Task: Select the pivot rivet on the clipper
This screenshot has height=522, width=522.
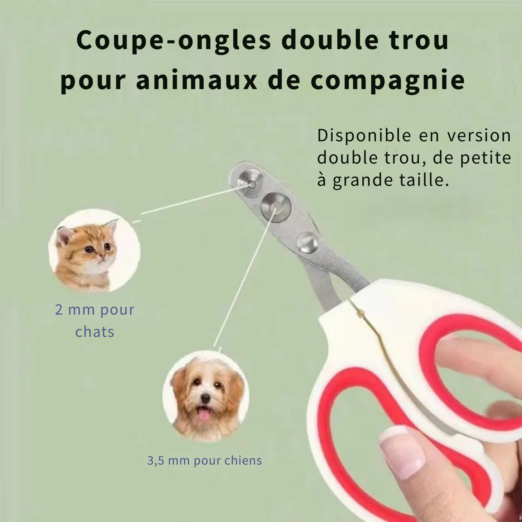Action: click(x=307, y=243)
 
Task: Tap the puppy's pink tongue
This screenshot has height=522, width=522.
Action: click(x=204, y=414)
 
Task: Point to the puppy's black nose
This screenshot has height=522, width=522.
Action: click(x=205, y=398)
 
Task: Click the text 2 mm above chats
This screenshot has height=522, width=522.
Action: click(x=75, y=310)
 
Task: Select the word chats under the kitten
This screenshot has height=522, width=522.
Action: click(x=95, y=332)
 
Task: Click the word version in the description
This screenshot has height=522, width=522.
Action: click(x=479, y=136)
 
